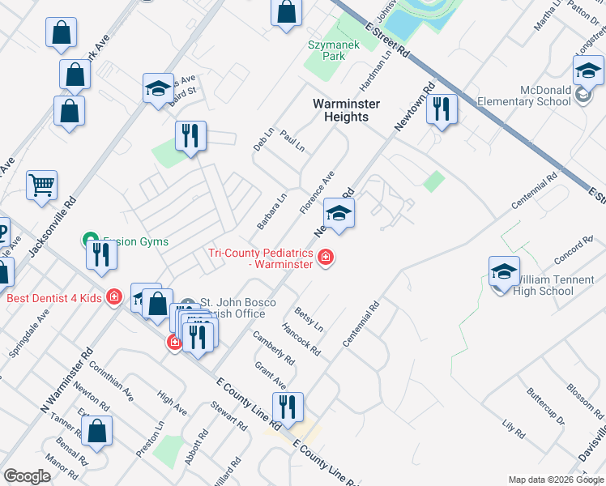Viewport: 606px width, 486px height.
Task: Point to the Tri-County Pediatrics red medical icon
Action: [x=326, y=258]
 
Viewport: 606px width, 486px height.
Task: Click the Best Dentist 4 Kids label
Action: [x=53, y=297]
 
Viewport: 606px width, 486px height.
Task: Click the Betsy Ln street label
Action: [x=309, y=319]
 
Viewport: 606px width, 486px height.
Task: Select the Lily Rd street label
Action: [x=514, y=428]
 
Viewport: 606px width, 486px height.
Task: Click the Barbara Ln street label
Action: [x=272, y=210]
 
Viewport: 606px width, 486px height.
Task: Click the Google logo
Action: [x=27, y=476]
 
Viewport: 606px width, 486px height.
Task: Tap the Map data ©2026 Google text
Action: [x=555, y=480]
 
